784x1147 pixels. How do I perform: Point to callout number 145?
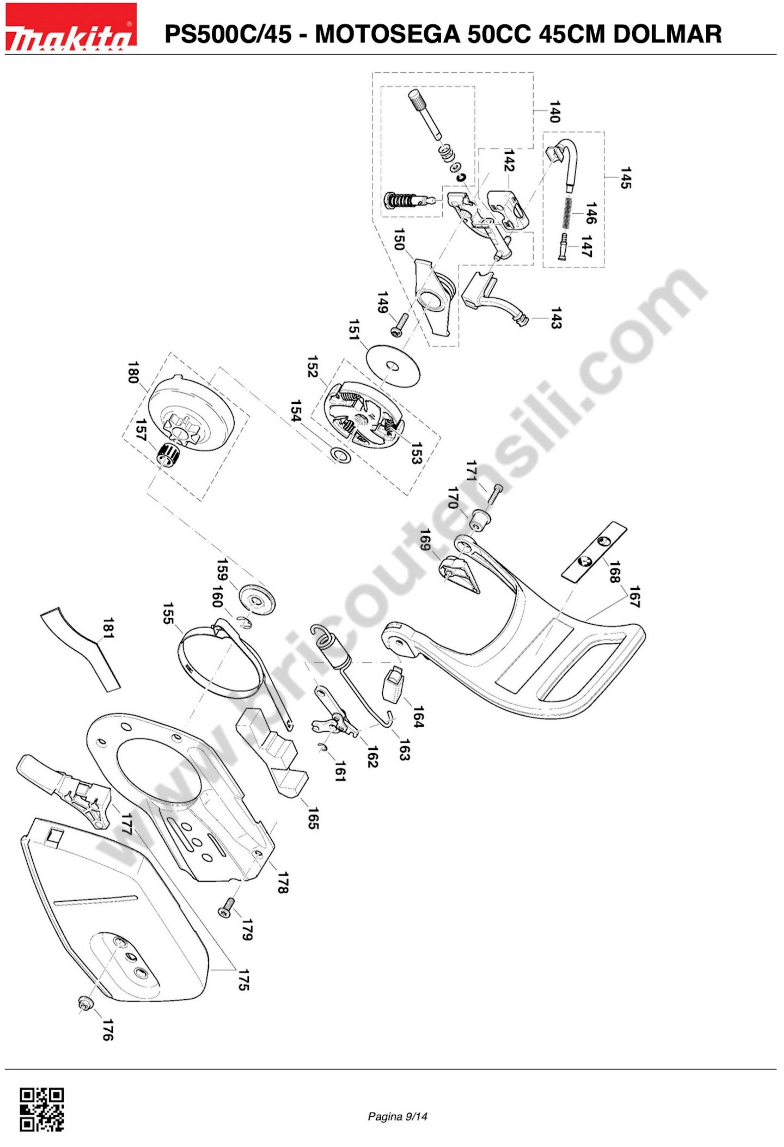click(626, 178)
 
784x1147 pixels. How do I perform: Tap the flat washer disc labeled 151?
click(393, 366)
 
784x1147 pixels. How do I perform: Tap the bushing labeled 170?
click(478, 520)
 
